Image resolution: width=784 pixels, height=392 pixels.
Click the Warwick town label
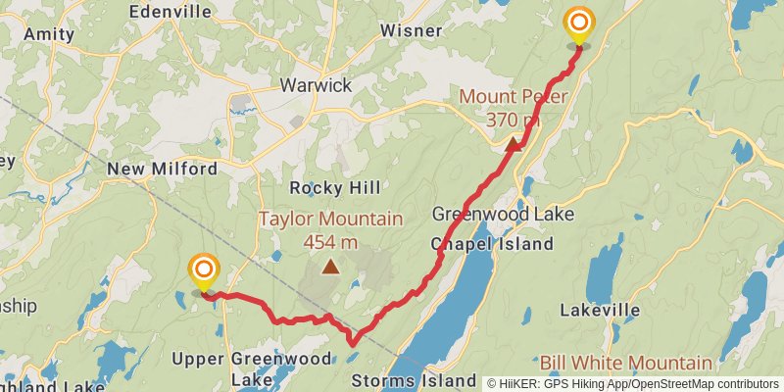tap(316, 85)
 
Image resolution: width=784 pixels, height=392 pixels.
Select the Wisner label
tap(411, 30)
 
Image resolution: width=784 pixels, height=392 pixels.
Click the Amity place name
tap(41, 33)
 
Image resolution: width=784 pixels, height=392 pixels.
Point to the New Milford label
tap(162, 169)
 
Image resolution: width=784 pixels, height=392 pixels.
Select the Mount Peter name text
tap(513, 98)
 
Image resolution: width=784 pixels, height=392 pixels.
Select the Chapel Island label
tap(491, 244)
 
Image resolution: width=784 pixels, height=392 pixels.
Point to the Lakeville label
tap(600, 311)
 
